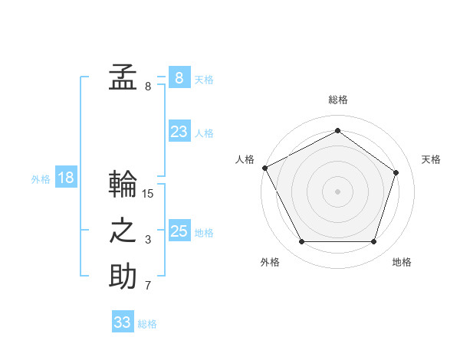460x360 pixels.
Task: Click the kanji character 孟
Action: point(123,77)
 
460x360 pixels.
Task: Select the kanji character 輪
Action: point(123,185)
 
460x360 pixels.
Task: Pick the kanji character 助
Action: point(123,277)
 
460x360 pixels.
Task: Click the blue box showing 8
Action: point(179,78)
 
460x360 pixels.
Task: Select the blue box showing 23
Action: point(179,132)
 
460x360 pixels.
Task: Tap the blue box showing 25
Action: point(179,231)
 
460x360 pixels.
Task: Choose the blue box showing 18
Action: point(66,178)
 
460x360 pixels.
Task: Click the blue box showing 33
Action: point(123,322)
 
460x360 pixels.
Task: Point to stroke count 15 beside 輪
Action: point(148,194)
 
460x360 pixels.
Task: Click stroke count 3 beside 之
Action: point(148,241)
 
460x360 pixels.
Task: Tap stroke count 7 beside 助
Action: point(148,286)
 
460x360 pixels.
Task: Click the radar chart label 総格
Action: point(338,100)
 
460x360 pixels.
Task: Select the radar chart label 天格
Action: point(432,159)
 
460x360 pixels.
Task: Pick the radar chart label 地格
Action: point(402,262)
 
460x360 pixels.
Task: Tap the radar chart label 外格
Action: point(270,262)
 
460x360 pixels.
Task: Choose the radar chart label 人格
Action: point(245,159)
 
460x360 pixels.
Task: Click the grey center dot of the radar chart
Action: point(337,191)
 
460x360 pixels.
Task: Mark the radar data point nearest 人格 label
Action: point(264,167)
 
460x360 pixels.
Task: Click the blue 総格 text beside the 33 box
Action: point(147,324)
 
